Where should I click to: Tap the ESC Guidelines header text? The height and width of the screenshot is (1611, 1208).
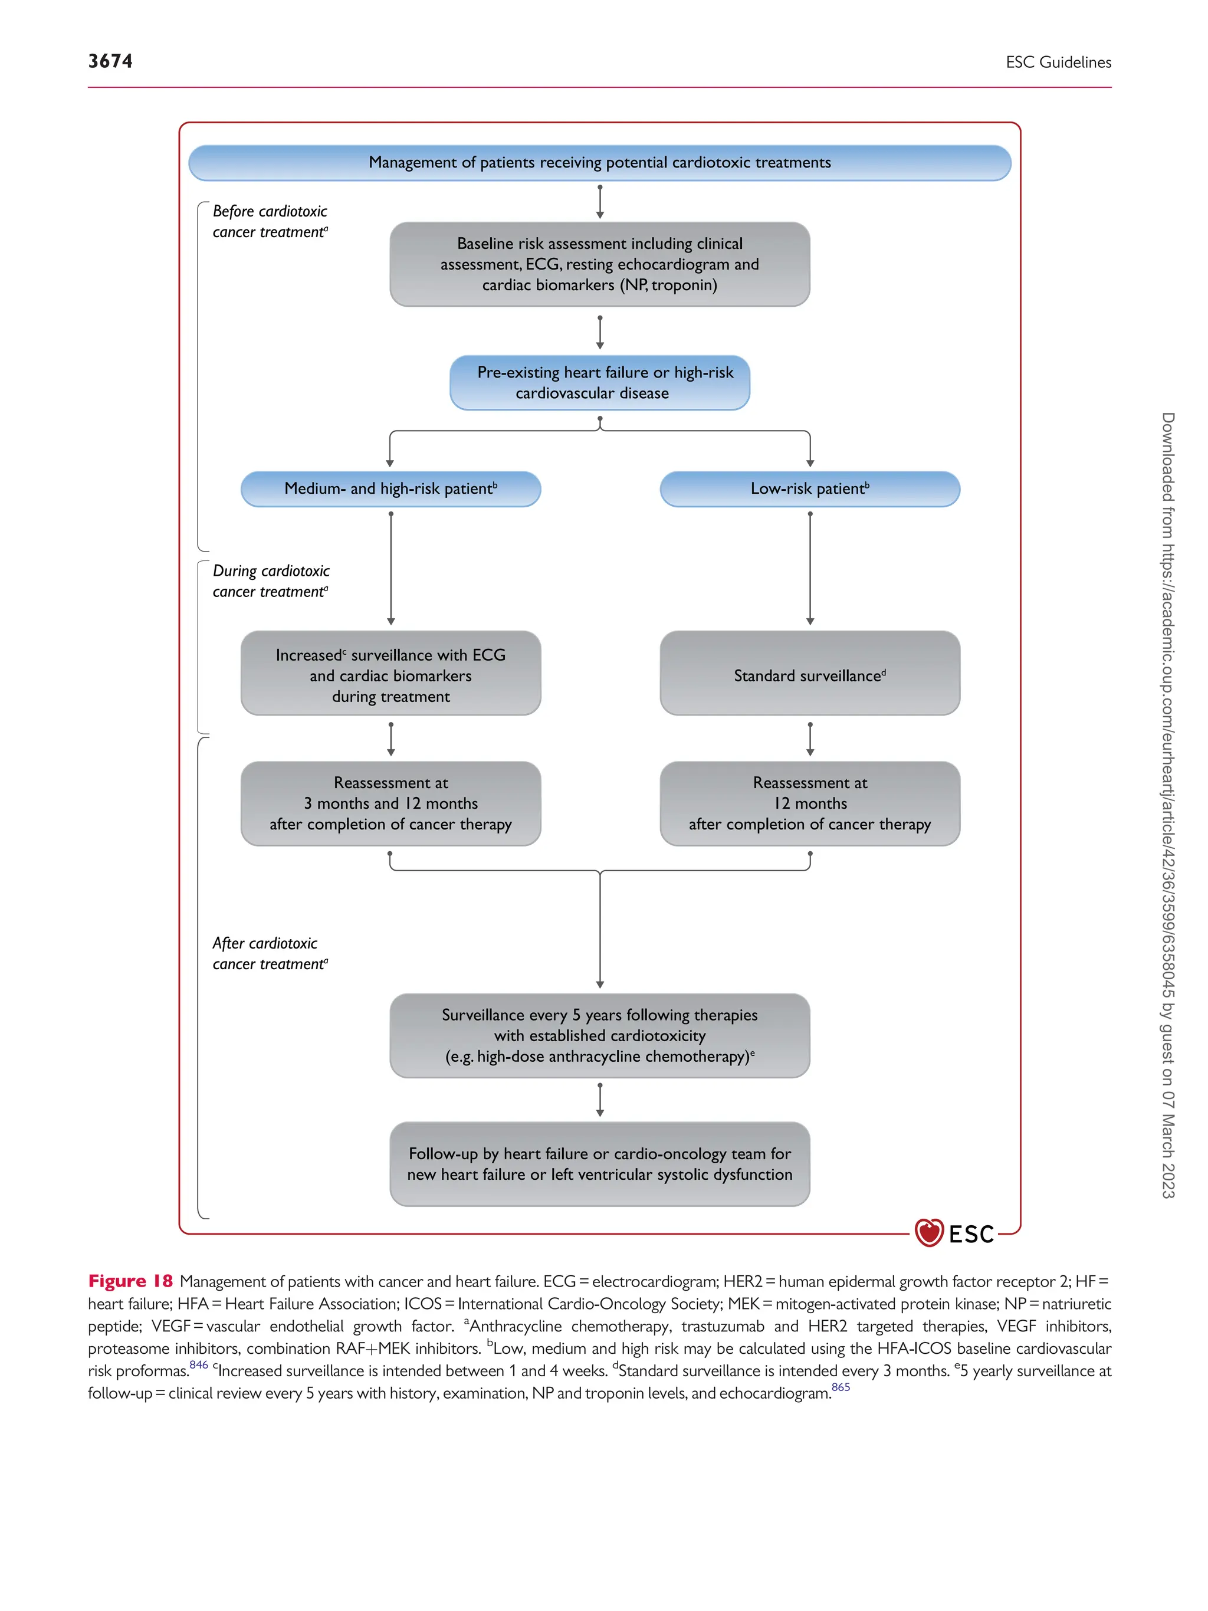[1058, 63]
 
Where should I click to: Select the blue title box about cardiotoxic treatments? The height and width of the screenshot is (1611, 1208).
[599, 162]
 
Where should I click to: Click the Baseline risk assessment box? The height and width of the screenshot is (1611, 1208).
[599, 264]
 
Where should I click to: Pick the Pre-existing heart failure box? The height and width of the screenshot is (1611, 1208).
[599, 382]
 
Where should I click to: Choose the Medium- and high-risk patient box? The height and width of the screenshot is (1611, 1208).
[390, 488]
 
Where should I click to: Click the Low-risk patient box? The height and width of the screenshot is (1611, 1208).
[810, 488]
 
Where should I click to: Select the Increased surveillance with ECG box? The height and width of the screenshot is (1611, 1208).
[390, 673]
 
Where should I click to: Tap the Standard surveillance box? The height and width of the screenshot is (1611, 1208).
[810, 673]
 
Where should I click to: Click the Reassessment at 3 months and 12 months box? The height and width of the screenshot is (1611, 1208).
[390, 803]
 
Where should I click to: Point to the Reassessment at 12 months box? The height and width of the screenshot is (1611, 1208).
[810, 803]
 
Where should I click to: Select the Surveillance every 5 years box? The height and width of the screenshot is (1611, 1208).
[599, 1035]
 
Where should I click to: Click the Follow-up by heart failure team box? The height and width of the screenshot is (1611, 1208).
[599, 1164]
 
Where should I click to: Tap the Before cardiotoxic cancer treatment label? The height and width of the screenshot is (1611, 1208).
[270, 221]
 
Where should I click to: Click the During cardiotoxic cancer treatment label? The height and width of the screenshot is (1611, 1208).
[270, 581]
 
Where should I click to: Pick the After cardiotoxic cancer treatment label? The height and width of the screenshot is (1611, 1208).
[270, 953]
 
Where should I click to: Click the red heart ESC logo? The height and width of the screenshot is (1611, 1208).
[930, 1233]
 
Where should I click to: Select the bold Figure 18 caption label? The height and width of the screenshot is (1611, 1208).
[130, 1281]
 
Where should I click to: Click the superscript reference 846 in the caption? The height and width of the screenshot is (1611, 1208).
[198, 1364]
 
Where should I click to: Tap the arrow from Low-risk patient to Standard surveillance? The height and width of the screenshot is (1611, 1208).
[810, 568]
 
